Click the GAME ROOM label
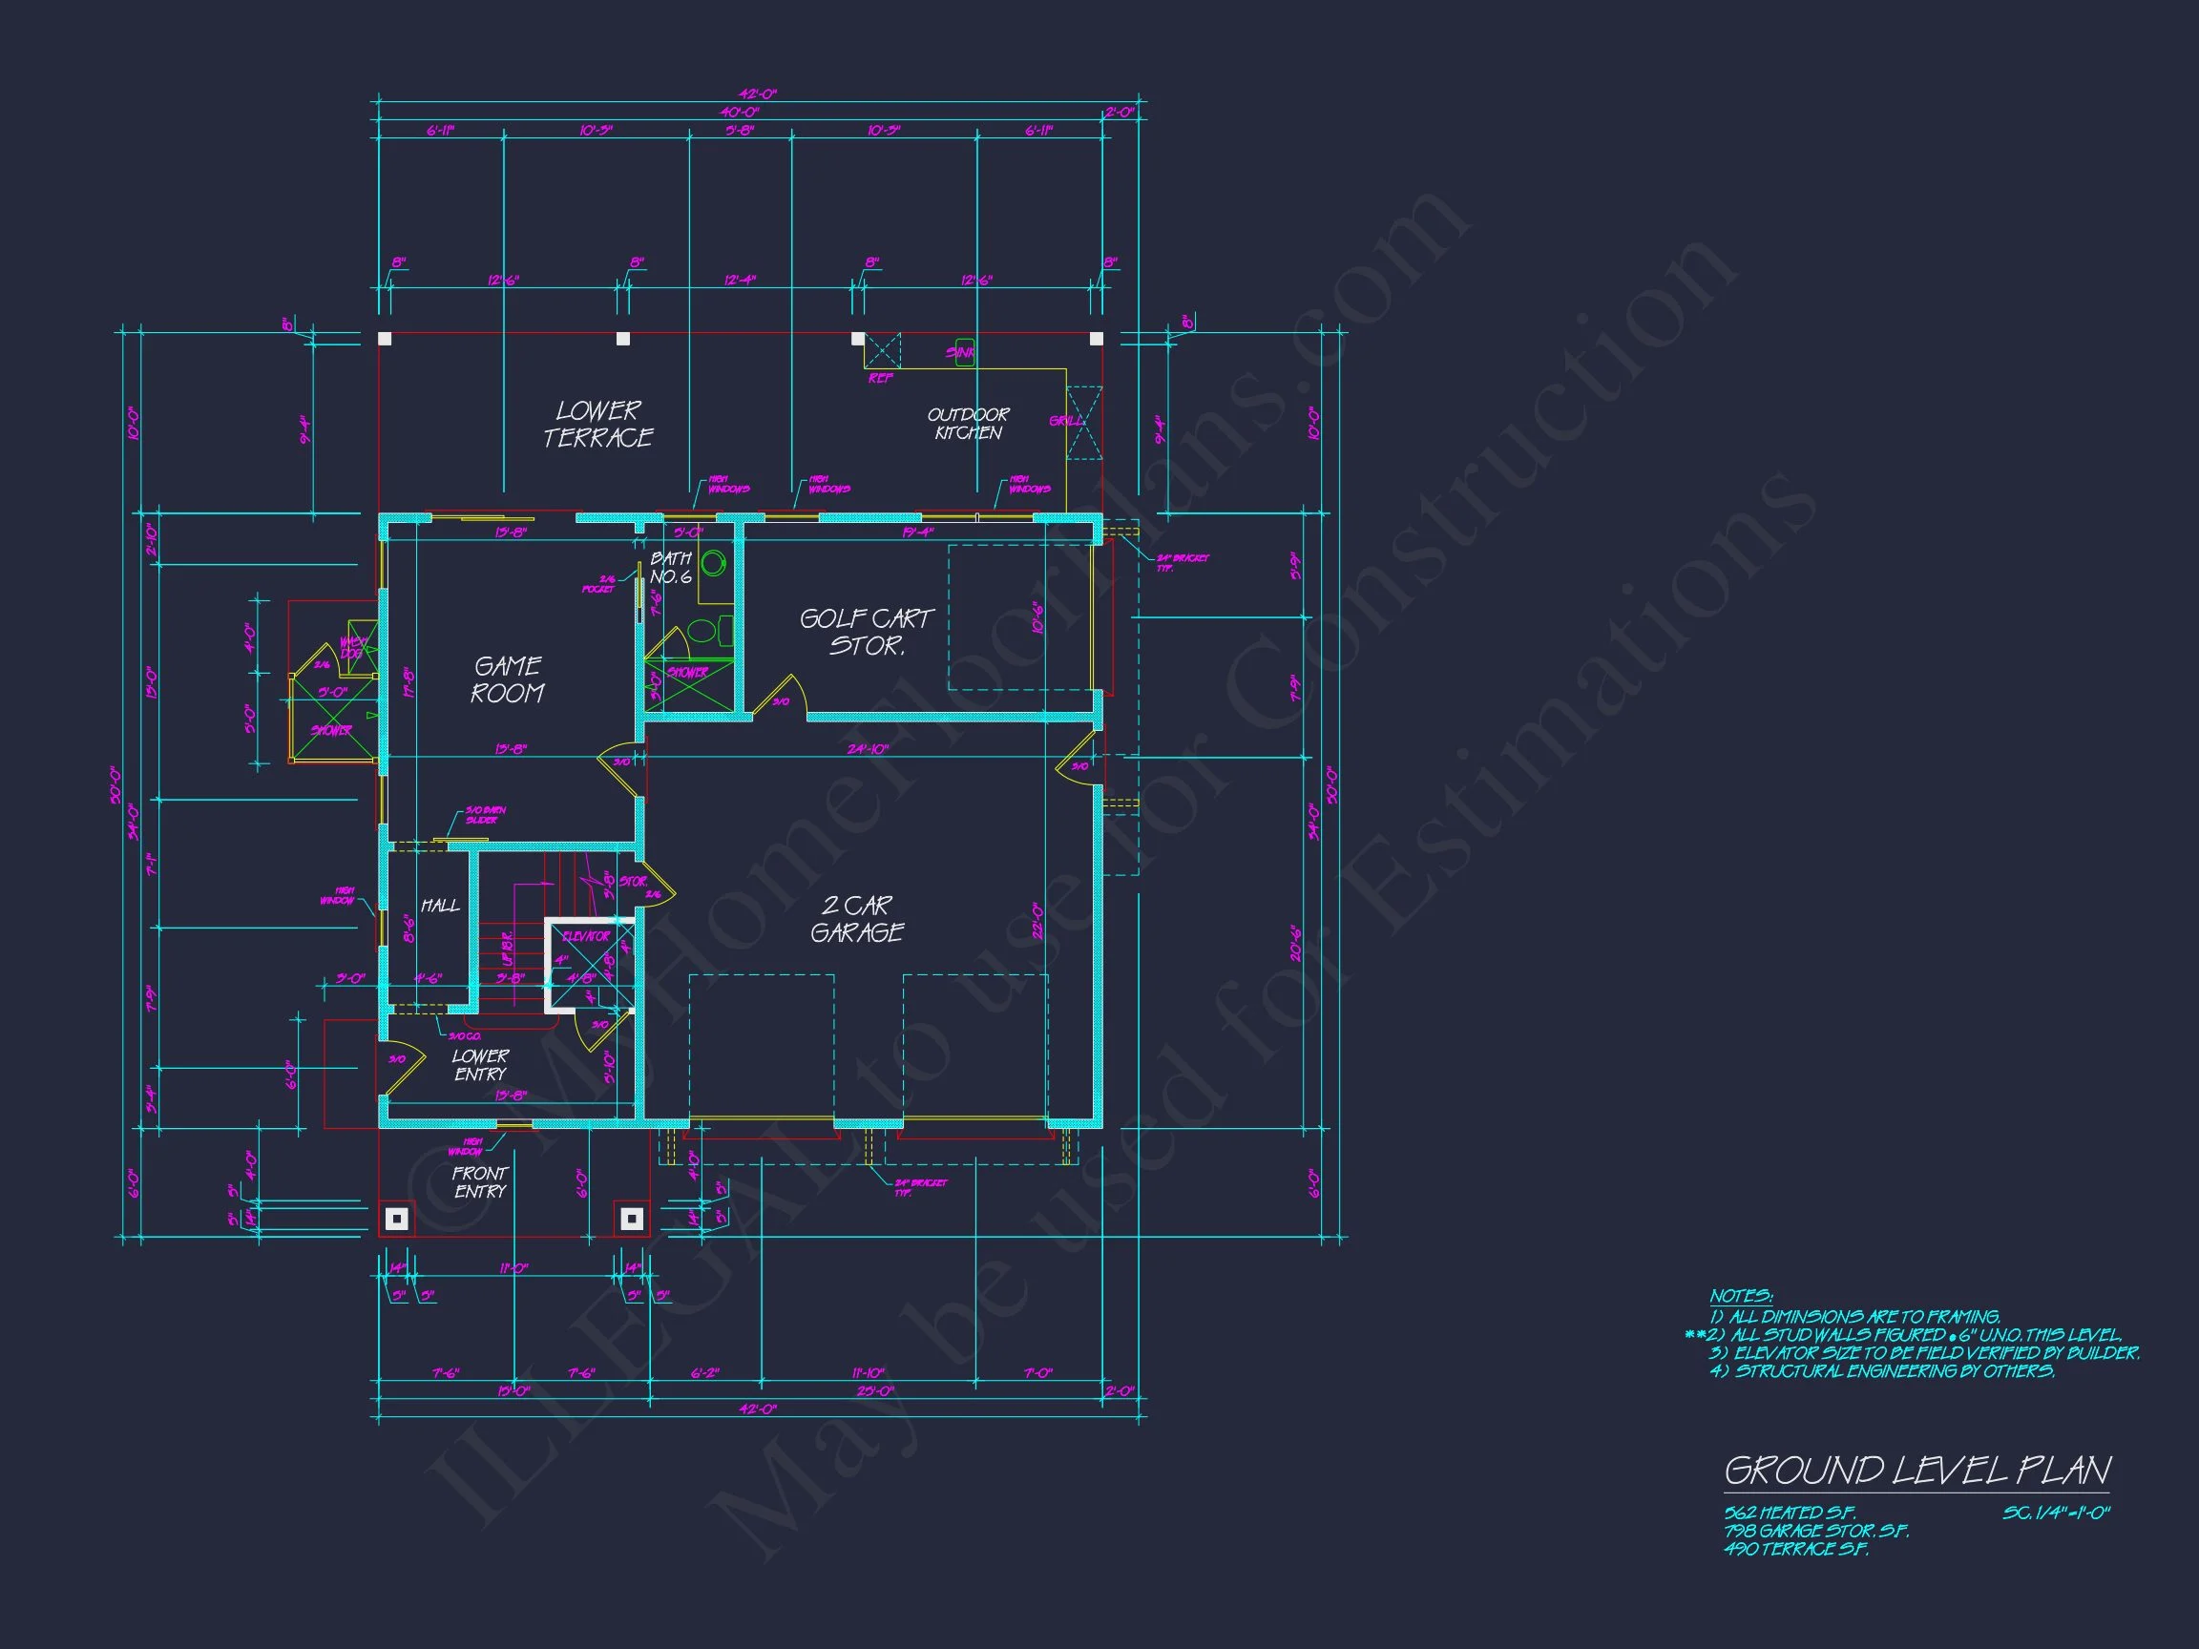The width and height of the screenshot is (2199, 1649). [x=507, y=679]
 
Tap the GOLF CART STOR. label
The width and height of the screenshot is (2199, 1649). [x=867, y=632]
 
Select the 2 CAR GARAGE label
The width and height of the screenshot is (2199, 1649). [x=857, y=919]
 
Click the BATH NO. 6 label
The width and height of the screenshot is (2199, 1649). [x=671, y=568]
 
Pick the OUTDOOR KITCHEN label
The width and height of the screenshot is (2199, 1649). [x=969, y=424]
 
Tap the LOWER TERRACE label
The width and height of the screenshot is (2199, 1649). [x=598, y=425]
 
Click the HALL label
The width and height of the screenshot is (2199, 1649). [x=439, y=906]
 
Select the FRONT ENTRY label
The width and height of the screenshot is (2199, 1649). [x=480, y=1181]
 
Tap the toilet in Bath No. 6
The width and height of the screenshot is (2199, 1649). [x=702, y=630]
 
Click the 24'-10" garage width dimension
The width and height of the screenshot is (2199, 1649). [x=867, y=749]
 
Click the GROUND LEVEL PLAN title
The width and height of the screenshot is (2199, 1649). [x=1916, y=1471]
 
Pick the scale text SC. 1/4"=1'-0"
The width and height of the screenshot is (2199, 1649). [x=2056, y=1513]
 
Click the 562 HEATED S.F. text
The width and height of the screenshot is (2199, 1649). [x=1790, y=1513]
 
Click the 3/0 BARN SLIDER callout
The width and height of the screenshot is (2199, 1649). [x=485, y=815]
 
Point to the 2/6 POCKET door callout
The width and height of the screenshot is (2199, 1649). [x=598, y=584]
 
